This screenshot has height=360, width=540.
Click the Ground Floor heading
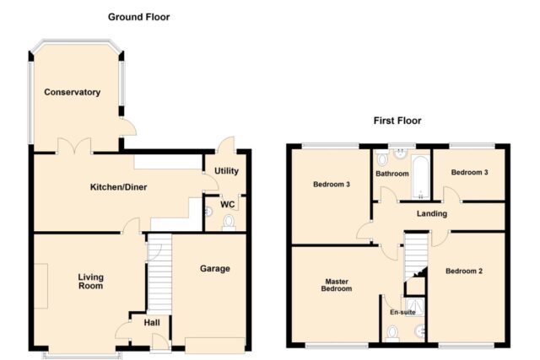pyautogui.click(x=138, y=17)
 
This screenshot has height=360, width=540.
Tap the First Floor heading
pyautogui.click(x=397, y=121)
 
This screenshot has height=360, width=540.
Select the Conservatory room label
pyautogui.click(x=73, y=92)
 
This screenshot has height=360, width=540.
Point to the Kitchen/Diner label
pyautogui.click(x=118, y=187)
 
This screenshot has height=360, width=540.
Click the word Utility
pyautogui.click(x=226, y=171)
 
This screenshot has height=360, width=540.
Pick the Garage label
pyautogui.click(x=215, y=268)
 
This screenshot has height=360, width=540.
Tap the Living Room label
pyautogui.click(x=90, y=282)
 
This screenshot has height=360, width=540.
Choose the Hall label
pyautogui.click(x=152, y=323)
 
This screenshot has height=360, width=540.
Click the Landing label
pyautogui.click(x=432, y=214)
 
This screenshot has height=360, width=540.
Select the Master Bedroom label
pyautogui.click(x=337, y=285)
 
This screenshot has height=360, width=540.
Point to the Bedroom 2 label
pyautogui.click(x=464, y=271)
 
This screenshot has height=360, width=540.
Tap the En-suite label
pyautogui.click(x=402, y=312)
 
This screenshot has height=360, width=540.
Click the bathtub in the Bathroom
pyautogui.click(x=420, y=178)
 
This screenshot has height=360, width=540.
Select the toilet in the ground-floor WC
pyautogui.click(x=229, y=223)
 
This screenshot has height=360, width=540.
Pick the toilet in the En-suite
pyautogui.click(x=392, y=334)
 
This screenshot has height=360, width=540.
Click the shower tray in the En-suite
pyautogui.click(x=414, y=307)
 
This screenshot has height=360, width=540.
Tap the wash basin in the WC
pyautogui.click(x=208, y=212)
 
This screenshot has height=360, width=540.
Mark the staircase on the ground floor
pyautogui.click(x=159, y=274)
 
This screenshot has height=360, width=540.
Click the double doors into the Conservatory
pyautogui.click(x=74, y=146)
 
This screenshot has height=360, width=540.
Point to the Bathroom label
pyautogui.click(x=392, y=174)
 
